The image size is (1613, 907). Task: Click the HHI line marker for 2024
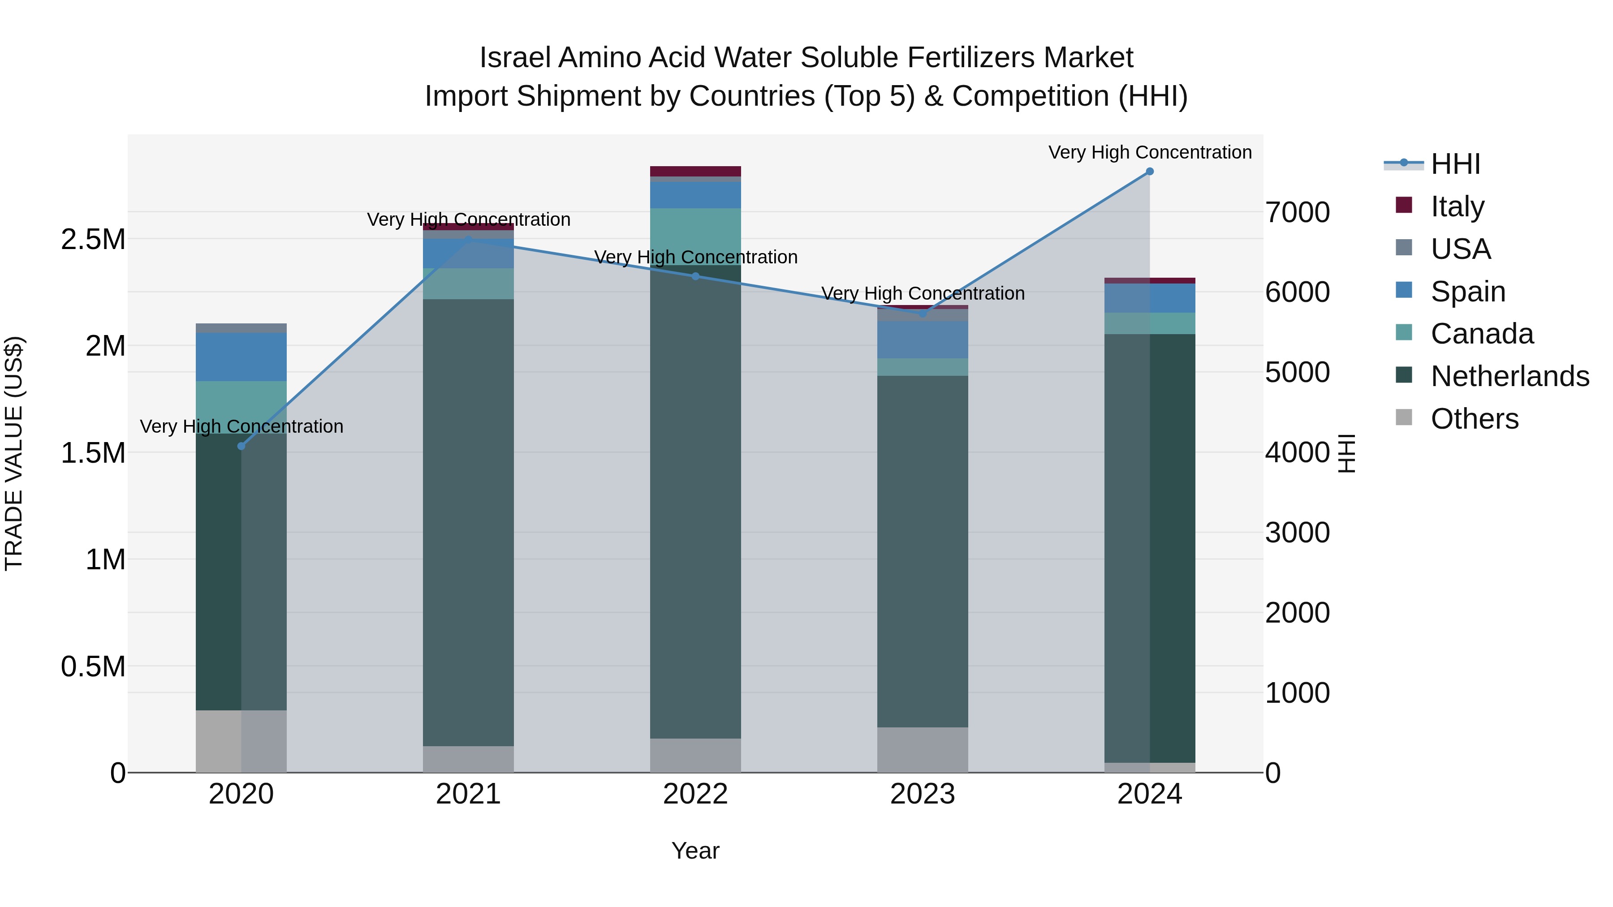(1150, 172)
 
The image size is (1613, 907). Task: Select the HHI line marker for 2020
(241, 446)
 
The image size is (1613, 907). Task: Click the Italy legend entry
(1457, 206)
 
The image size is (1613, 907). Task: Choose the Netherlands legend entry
(1509, 376)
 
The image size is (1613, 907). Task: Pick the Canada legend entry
(1482, 334)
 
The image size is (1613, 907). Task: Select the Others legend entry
(1474, 419)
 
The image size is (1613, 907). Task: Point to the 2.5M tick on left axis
(93, 239)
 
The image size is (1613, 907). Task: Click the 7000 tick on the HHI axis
(1298, 212)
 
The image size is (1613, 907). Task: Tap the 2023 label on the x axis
(923, 794)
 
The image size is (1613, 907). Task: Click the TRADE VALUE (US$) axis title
(14, 453)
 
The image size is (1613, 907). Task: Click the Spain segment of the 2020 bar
(241, 357)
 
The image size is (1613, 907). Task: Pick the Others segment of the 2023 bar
(923, 749)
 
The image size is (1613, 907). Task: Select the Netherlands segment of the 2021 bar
(468, 522)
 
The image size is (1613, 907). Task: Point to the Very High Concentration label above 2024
(1150, 152)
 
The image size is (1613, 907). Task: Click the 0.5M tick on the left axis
(93, 666)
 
